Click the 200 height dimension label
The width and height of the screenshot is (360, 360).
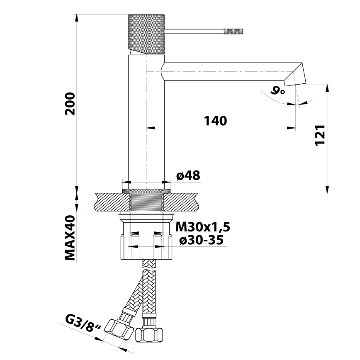tap(70, 103)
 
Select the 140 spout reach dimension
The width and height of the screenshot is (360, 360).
tap(215, 121)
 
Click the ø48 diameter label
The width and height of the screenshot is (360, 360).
tap(188, 175)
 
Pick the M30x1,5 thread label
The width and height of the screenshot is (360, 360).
tap(202, 227)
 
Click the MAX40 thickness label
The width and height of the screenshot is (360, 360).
tap(70, 238)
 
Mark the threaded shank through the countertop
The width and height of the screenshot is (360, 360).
tap(147, 202)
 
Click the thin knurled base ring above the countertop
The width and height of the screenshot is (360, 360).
tap(147, 191)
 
